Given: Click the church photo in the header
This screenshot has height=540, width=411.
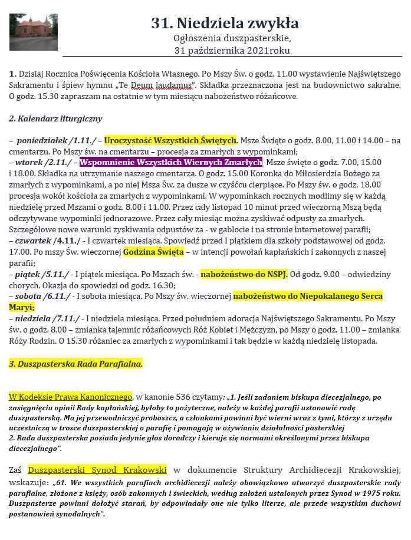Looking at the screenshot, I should (x=25, y=32).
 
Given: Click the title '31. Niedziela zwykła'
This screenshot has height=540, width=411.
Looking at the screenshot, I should (x=225, y=24).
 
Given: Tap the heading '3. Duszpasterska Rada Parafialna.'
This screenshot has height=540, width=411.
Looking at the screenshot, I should (x=76, y=364).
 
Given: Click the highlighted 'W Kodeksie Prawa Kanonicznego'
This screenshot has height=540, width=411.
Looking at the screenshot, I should (x=71, y=397).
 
